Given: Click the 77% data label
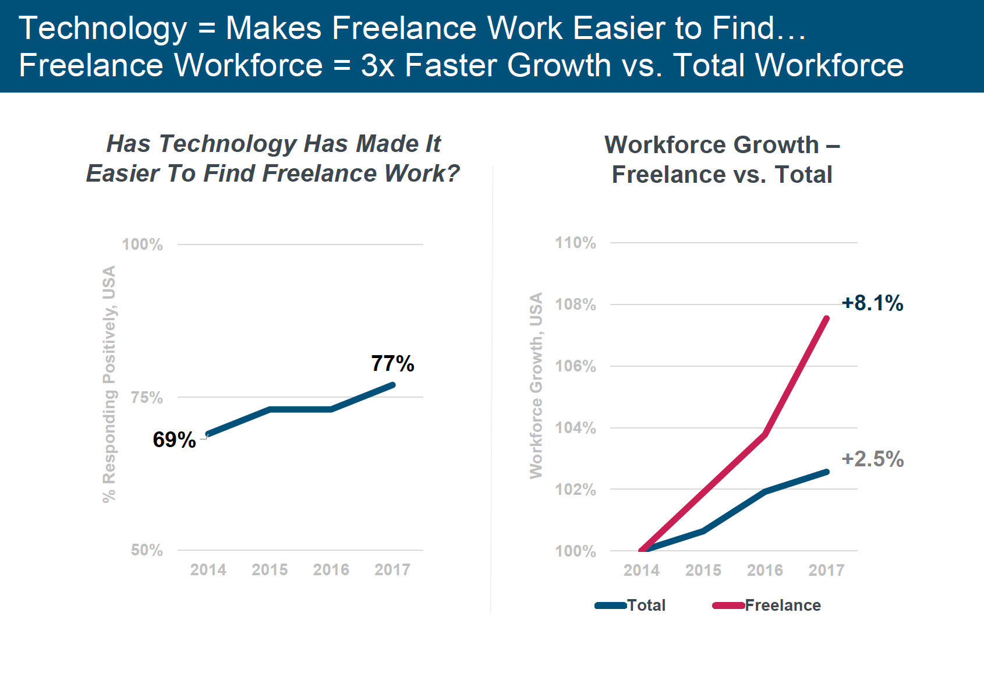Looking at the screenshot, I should click(x=392, y=364).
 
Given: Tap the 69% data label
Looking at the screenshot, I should click(x=174, y=440).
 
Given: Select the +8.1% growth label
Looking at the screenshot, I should click(x=872, y=303).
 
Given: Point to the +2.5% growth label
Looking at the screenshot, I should click(x=872, y=459).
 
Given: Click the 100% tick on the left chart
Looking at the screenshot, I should click(x=142, y=245).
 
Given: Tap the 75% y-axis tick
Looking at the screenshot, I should click(x=147, y=398).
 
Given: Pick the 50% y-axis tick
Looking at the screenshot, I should click(x=147, y=550).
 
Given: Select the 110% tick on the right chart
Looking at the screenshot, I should click(x=575, y=243).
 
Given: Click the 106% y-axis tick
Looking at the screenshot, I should click(x=575, y=366).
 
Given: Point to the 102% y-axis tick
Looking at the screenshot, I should click(x=575, y=490).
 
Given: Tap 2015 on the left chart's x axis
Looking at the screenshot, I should click(x=270, y=570).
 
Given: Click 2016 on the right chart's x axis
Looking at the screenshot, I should click(x=765, y=571).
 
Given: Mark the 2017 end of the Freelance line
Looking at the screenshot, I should click(x=827, y=318).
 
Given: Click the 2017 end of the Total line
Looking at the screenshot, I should click(x=827, y=472).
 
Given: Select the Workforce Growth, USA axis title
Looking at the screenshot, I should click(x=536, y=385).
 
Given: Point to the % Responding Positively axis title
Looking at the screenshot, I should click(x=109, y=384).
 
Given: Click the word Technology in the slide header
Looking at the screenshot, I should click(x=103, y=28).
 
